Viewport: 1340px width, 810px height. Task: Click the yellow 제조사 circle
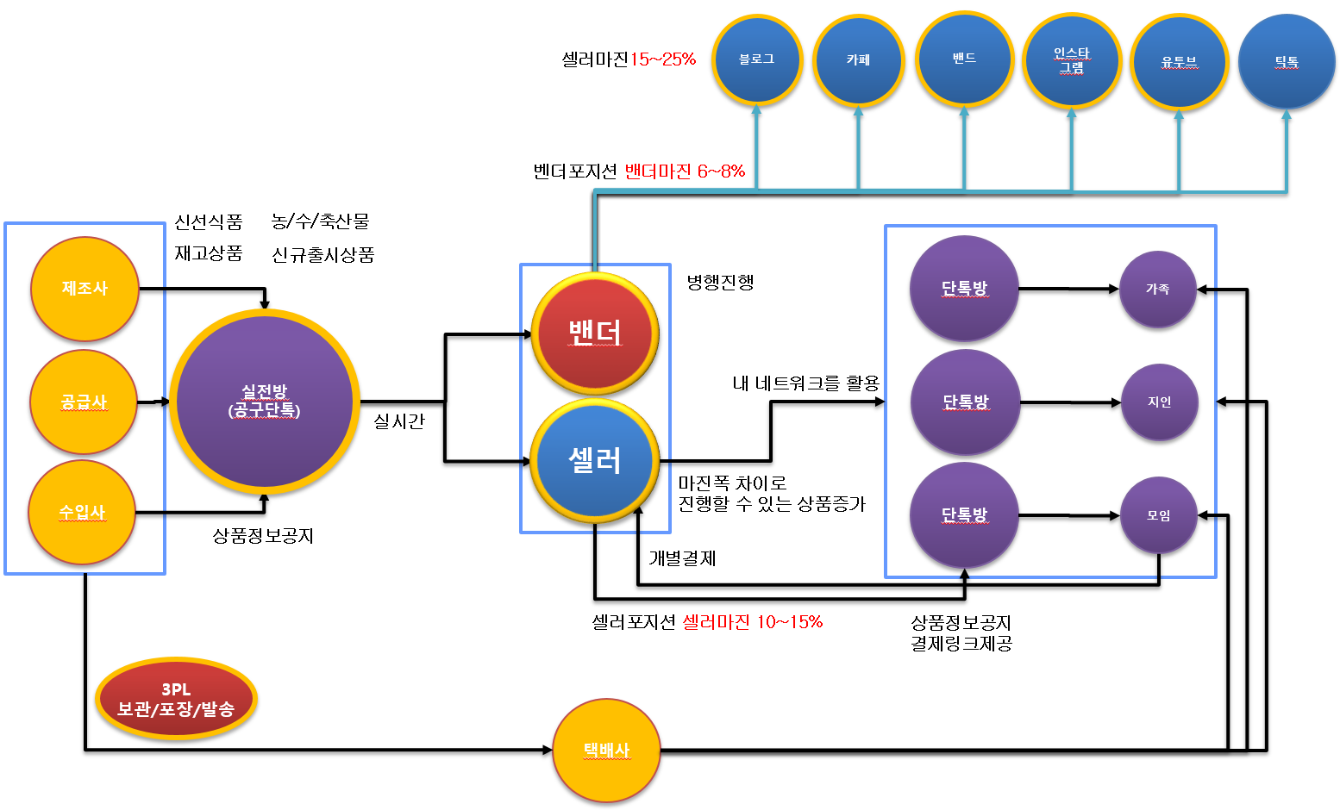point(85,289)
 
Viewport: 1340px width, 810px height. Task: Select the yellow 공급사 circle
point(84,402)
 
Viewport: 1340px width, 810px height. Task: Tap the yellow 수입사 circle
point(82,513)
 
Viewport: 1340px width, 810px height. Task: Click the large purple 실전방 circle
point(265,402)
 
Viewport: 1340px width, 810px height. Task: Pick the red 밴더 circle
point(595,333)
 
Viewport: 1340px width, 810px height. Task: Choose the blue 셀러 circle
point(595,461)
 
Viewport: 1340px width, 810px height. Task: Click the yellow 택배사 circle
point(606,751)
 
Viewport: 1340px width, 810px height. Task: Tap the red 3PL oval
point(176,699)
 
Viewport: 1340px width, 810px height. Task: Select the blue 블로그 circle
point(756,59)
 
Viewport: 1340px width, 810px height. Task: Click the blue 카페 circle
point(858,59)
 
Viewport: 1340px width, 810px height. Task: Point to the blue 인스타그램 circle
point(1072,60)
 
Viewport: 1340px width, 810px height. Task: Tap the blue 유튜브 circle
point(1179,61)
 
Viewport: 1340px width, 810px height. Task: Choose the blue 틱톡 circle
point(1287,61)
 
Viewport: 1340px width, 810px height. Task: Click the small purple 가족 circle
point(1157,290)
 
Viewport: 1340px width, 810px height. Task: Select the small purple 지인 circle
point(1159,402)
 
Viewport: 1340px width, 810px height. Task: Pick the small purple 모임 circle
point(1158,515)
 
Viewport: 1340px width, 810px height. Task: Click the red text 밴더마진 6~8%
point(685,171)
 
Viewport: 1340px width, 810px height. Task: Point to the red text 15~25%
point(662,59)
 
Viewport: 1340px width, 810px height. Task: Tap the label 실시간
point(399,421)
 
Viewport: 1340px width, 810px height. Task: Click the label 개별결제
point(682,558)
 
